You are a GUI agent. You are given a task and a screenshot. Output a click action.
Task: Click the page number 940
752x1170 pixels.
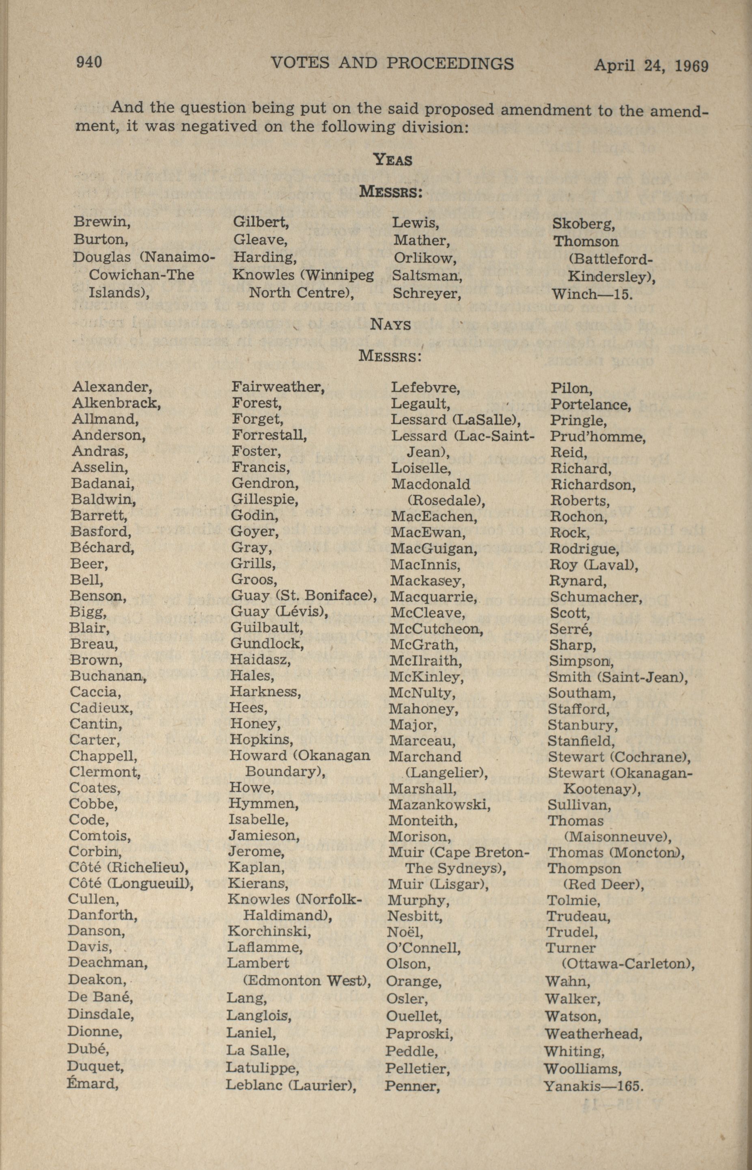pyautogui.click(x=89, y=62)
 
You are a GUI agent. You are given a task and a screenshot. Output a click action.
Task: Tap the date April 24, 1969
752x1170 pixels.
pyautogui.click(x=651, y=65)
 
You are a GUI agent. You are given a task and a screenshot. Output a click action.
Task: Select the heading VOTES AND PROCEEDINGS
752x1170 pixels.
pyautogui.click(x=392, y=63)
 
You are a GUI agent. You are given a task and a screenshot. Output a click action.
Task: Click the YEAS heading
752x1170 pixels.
pyautogui.click(x=392, y=159)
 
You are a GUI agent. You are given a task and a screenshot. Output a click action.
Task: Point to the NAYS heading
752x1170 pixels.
pyautogui.click(x=391, y=324)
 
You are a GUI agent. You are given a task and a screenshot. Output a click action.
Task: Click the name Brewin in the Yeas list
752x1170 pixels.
pyautogui.click(x=101, y=222)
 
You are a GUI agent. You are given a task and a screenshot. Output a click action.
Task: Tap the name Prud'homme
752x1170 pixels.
pyautogui.click(x=598, y=436)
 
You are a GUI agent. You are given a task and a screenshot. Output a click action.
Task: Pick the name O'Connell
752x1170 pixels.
pyautogui.click(x=423, y=948)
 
